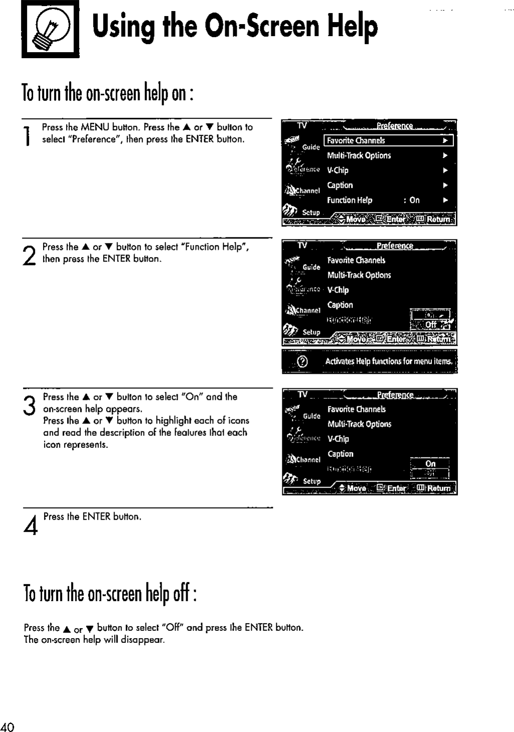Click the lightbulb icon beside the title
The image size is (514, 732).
click(x=50, y=30)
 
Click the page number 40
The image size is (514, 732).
click(x=8, y=727)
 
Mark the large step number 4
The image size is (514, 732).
click(x=31, y=526)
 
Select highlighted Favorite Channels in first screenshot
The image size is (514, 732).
click(x=356, y=141)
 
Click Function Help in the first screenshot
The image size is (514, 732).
click(x=349, y=200)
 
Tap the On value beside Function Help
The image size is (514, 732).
click(x=414, y=200)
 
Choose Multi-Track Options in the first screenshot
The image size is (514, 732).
click(x=359, y=156)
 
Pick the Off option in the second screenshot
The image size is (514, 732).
click(x=430, y=325)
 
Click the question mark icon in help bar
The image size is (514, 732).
click(x=302, y=362)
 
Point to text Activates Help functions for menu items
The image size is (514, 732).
click(x=389, y=362)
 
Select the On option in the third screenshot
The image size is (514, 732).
click(x=430, y=464)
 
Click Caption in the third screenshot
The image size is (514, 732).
click(x=340, y=454)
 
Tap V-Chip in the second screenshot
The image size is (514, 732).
click(x=338, y=290)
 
